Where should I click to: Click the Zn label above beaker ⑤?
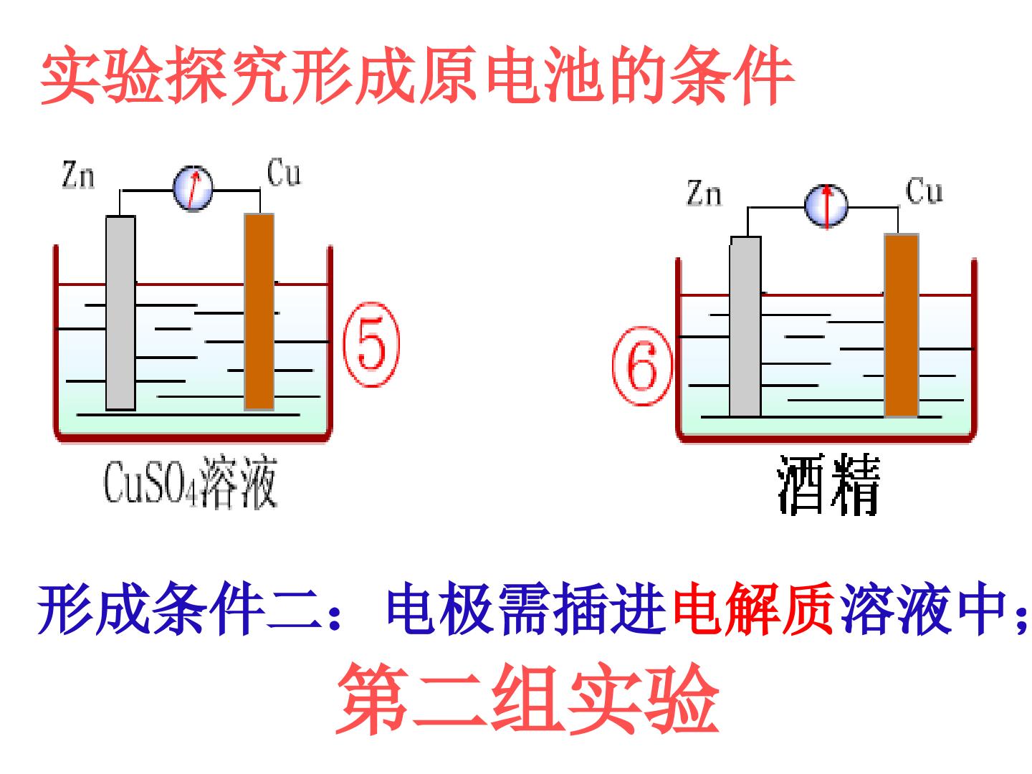(x=79, y=175)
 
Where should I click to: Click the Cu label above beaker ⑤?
(x=284, y=173)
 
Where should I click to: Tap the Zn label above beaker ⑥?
(x=704, y=193)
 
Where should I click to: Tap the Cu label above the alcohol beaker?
(x=924, y=191)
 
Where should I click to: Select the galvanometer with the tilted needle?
(x=193, y=188)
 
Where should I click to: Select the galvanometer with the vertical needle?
(x=826, y=206)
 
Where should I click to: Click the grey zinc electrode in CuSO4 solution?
(x=120, y=313)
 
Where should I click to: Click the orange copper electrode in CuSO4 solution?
(x=259, y=312)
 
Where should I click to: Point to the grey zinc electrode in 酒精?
(x=745, y=326)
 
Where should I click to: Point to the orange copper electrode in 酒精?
(x=902, y=325)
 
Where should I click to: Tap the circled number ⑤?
(x=371, y=345)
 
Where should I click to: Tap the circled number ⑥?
(x=642, y=365)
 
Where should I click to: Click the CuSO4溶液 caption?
(x=191, y=482)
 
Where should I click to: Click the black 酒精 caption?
(x=828, y=484)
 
